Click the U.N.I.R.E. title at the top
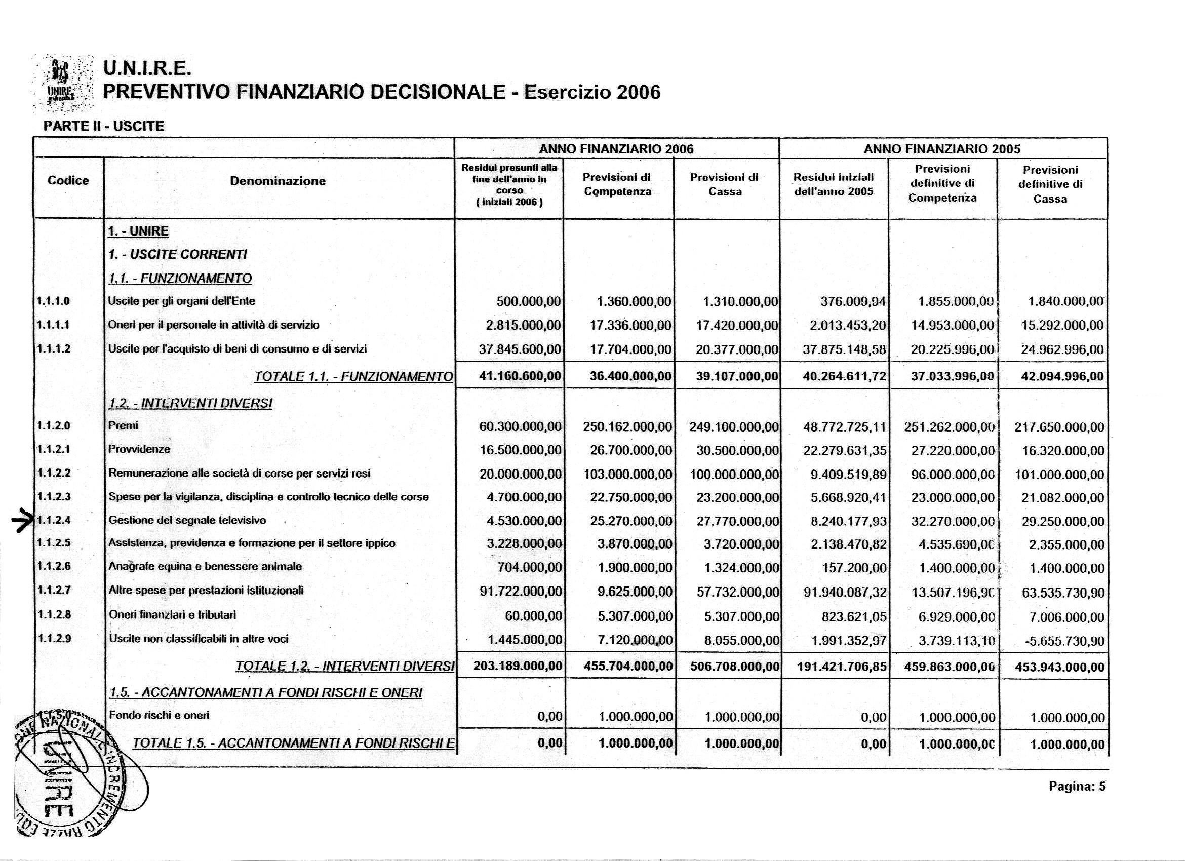pyautogui.click(x=148, y=68)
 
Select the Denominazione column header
pyautogui.click(x=278, y=181)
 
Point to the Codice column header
pyautogui.click(x=68, y=181)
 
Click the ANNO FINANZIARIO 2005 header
pyautogui.click(x=942, y=149)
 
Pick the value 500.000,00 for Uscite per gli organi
pyautogui.click(x=528, y=301)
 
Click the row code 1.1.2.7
pyautogui.click(x=54, y=591)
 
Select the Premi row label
pyautogui.click(x=123, y=426)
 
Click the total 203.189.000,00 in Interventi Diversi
pyautogui.click(x=518, y=667)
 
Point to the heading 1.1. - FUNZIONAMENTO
pyautogui.click(x=180, y=279)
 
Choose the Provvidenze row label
pyautogui.click(x=139, y=449)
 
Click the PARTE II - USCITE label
pyautogui.click(x=103, y=126)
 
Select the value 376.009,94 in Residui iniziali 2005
pyautogui.click(x=853, y=301)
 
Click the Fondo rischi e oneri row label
pyautogui.click(x=159, y=715)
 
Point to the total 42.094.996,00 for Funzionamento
pyautogui.click(x=1062, y=377)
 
